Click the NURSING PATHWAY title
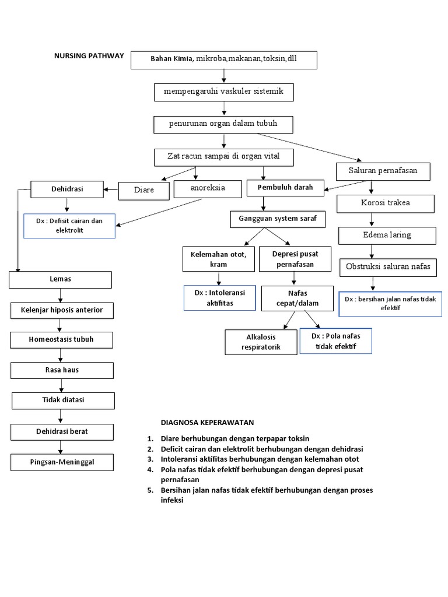point(89,56)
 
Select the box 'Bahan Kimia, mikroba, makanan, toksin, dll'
point(224,59)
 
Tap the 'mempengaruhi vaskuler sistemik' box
point(223,92)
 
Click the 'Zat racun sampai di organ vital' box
point(223,157)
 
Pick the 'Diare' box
point(143,190)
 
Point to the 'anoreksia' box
point(207,188)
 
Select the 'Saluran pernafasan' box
point(384,171)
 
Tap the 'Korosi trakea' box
point(386,203)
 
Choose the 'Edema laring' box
point(386,235)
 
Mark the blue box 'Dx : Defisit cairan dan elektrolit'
point(69,226)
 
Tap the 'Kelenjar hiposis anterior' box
point(61,310)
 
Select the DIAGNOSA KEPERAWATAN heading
point(207,422)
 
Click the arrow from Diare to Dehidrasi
point(111,188)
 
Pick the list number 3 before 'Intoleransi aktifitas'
point(150,459)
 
